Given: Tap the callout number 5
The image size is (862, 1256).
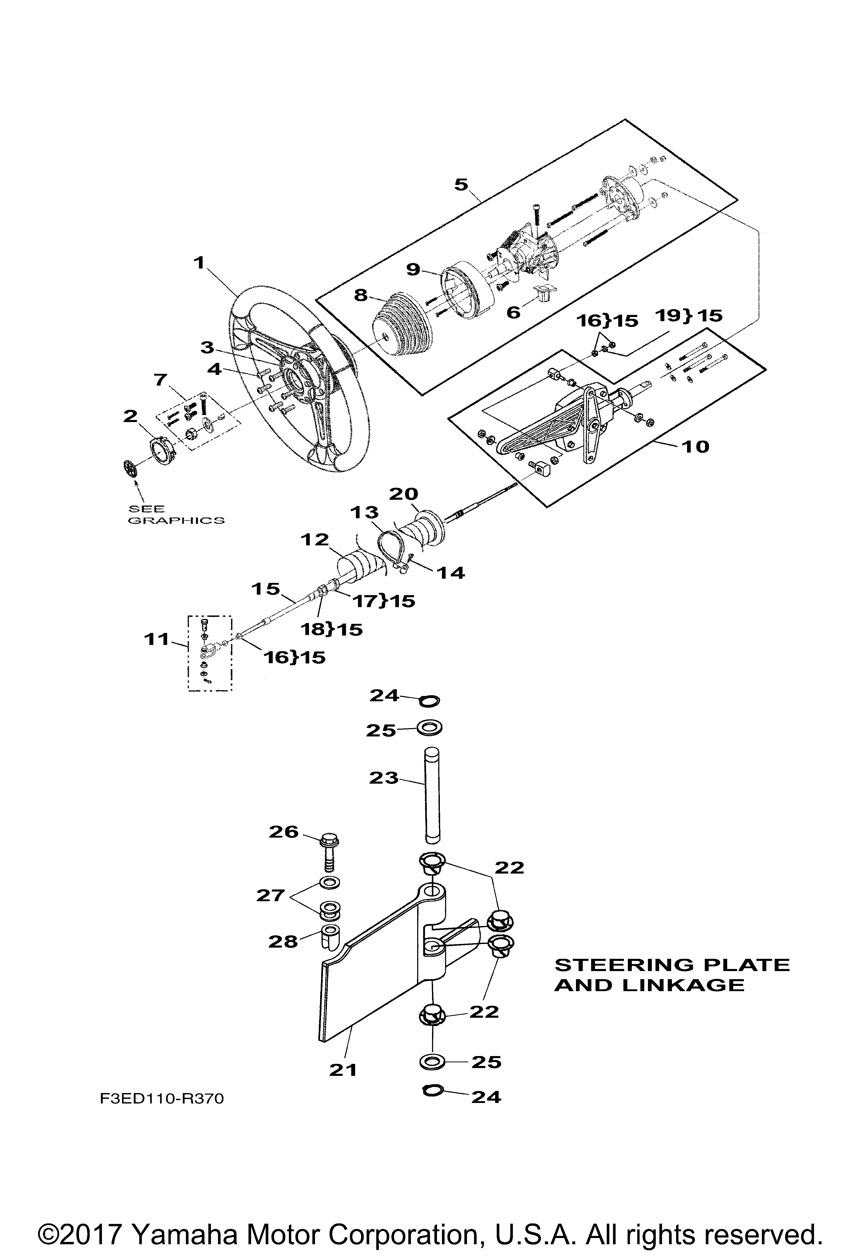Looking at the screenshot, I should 461,185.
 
